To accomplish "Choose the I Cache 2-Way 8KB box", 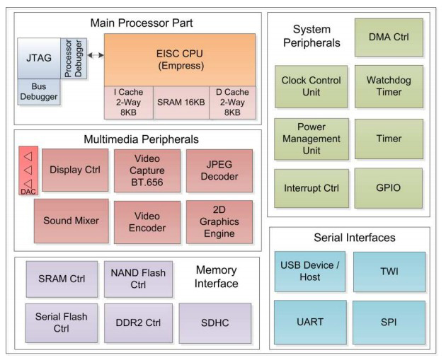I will (x=130, y=101).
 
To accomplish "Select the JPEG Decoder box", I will (x=219, y=170).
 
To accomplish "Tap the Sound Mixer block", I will (x=72, y=221).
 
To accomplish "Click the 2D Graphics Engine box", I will (x=219, y=221).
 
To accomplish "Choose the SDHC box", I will (x=215, y=322).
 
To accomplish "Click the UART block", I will (x=310, y=322).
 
